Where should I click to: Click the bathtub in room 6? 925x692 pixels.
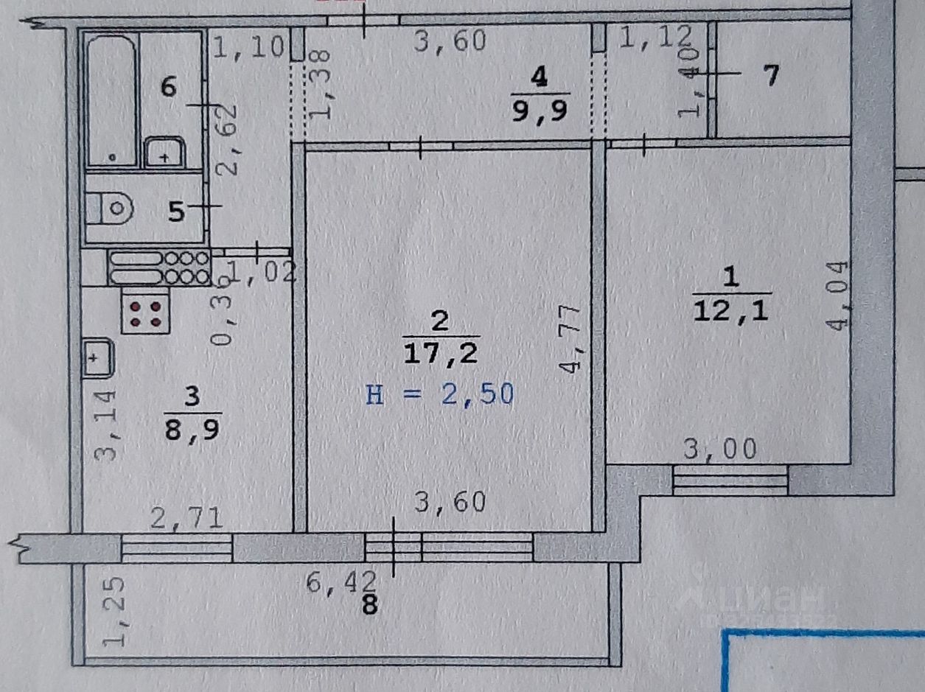[x=112, y=99]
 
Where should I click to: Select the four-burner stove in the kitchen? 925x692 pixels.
[x=146, y=312]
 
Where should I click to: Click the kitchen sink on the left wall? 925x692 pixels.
[x=96, y=357]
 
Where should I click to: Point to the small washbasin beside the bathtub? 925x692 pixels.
[x=164, y=153]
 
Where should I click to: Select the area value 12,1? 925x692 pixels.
[x=730, y=312]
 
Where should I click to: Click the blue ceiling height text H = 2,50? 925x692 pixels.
[x=439, y=395]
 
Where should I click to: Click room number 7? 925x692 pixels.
[x=770, y=75]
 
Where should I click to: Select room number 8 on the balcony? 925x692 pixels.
[x=371, y=606]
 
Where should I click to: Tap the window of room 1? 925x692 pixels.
[x=730, y=481]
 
